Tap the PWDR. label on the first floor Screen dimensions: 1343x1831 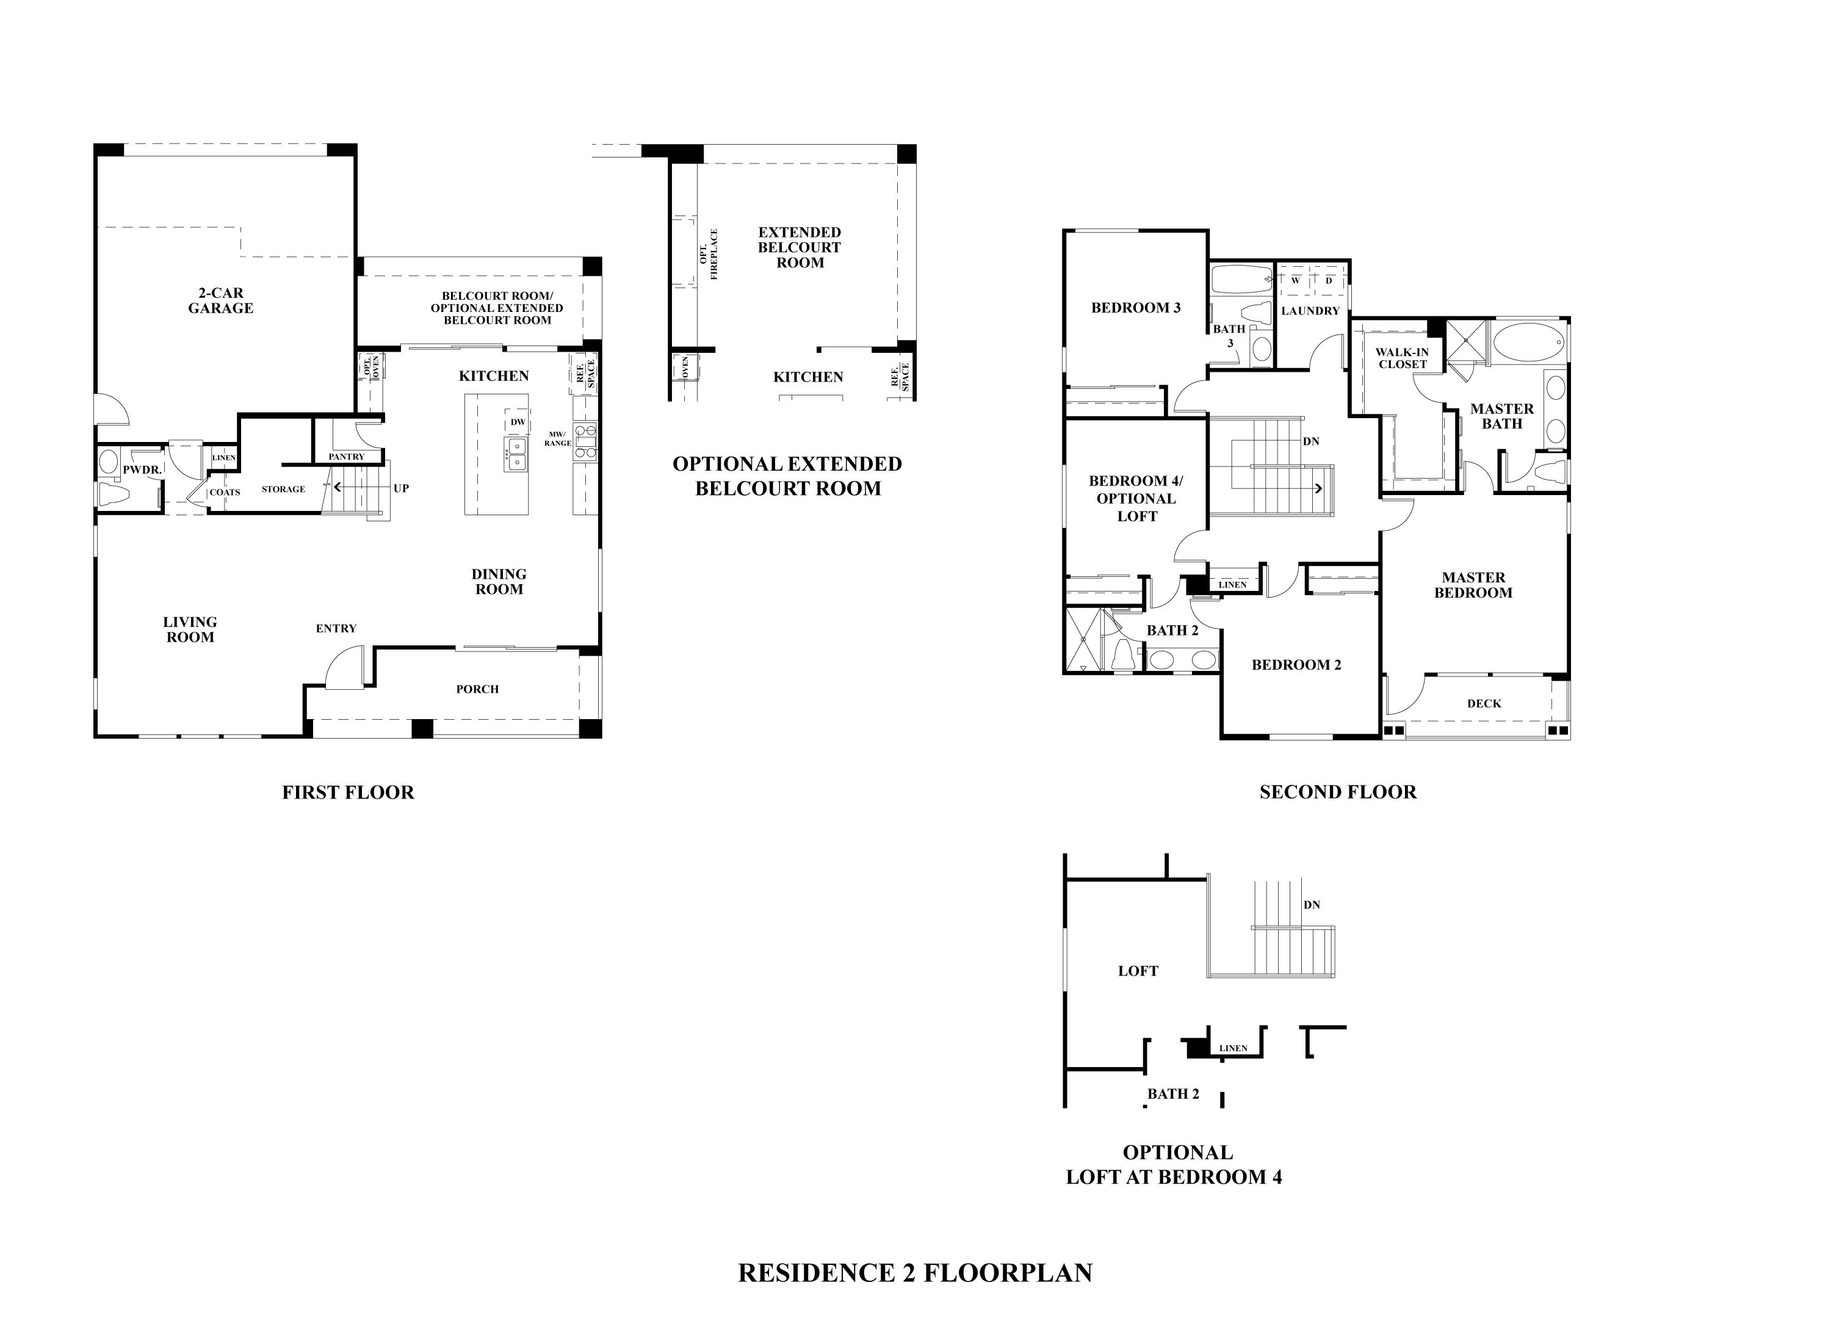(142, 470)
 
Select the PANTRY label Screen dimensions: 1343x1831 (346, 457)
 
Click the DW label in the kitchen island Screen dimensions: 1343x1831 (518, 422)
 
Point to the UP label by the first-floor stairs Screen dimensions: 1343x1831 (400, 488)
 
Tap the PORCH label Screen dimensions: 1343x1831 (477, 689)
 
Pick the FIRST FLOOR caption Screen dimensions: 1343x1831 (348, 792)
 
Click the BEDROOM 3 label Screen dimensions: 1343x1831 (1135, 307)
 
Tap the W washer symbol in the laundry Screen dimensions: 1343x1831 (1296, 280)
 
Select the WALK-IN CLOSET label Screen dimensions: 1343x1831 (1401, 358)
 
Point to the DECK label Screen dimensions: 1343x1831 (1483, 703)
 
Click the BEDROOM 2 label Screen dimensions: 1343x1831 (1296, 664)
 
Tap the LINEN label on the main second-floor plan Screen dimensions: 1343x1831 (1232, 585)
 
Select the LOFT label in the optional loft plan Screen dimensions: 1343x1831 (1137, 971)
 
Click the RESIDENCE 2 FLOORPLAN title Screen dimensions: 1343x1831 (914, 1272)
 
